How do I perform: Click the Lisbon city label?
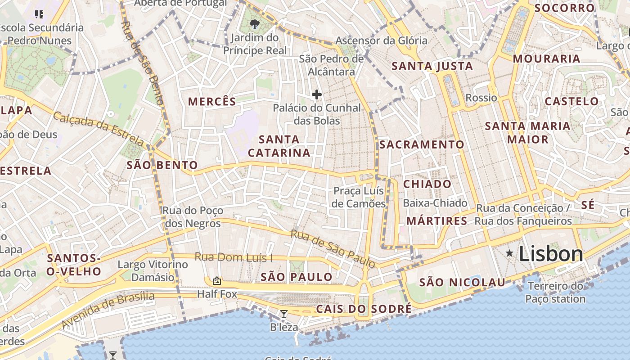pos(551,254)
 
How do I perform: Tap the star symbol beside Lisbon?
pos(509,253)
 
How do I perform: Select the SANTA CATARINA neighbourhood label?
pos(279,146)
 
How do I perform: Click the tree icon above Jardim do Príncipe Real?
pos(255,24)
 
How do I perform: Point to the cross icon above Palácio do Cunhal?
pos(317,94)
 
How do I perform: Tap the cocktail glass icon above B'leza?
pos(284,314)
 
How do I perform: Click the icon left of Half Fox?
pos(217,281)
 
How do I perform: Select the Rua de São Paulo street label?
pos(333,248)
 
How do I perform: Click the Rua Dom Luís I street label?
pos(234,257)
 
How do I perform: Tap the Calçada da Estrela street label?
pos(99,129)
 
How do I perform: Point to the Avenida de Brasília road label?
pos(108,310)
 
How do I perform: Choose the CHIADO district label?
pos(427,184)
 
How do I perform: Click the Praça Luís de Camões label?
pos(359,197)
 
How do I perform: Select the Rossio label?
pos(481,98)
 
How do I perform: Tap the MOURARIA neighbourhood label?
pos(546,59)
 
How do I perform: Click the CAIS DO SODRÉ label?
pos(364,309)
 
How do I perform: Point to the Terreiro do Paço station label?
pos(555,292)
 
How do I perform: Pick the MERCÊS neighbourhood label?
pos(212,102)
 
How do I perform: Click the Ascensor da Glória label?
pos(381,40)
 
